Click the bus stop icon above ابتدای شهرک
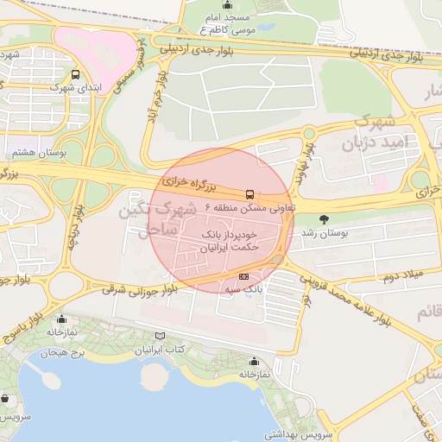[x=76, y=74]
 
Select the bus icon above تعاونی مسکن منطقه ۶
[x=249, y=194]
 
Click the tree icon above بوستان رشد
[x=324, y=219]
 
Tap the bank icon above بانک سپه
[x=244, y=276]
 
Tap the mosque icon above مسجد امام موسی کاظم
[x=229, y=3]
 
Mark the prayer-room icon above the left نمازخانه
[x=60, y=318]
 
